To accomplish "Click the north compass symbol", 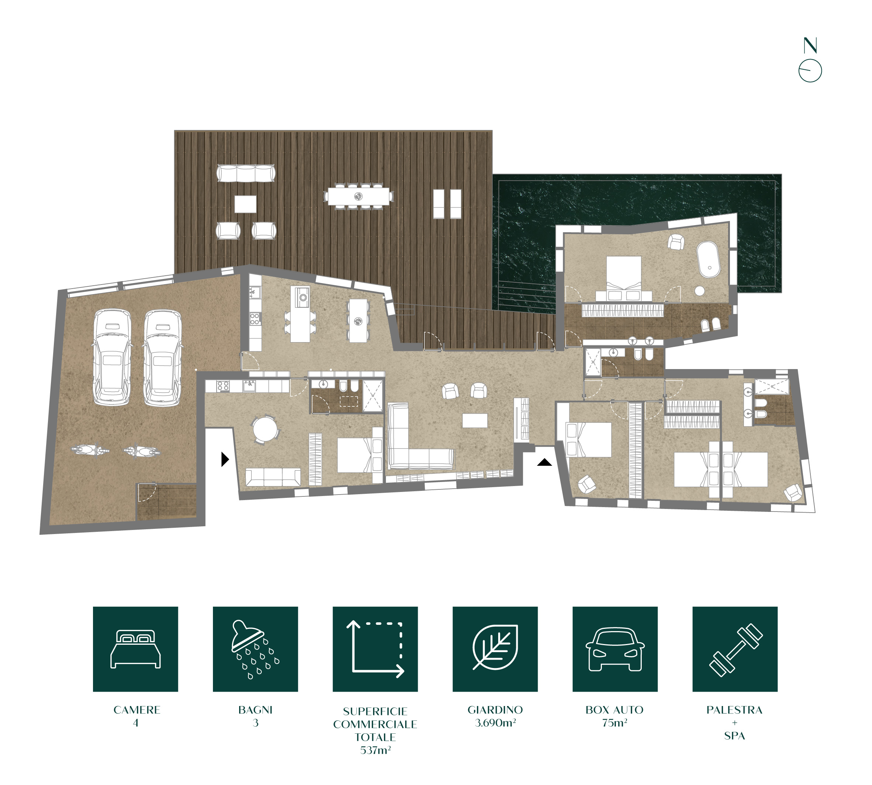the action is (810, 61).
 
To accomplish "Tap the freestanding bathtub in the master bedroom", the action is (708, 259).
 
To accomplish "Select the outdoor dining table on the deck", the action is (358, 196).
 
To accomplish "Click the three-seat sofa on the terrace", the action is (246, 173).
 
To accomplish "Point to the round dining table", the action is (265, 429).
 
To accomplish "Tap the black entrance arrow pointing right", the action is (225, 459).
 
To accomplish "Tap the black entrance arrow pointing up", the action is (544, 462).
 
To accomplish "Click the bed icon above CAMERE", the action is (135, 649).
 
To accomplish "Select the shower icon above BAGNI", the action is (255, 650).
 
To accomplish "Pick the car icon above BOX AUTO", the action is (615, 649).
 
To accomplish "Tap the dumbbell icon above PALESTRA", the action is (735, 650).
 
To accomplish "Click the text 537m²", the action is (375, 750).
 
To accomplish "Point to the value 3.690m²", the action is (496, 723).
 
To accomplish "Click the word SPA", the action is (734, 736).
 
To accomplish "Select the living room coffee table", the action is (475, 420).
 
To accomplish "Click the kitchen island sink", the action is (302, 297).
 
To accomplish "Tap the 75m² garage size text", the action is (614, 723).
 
